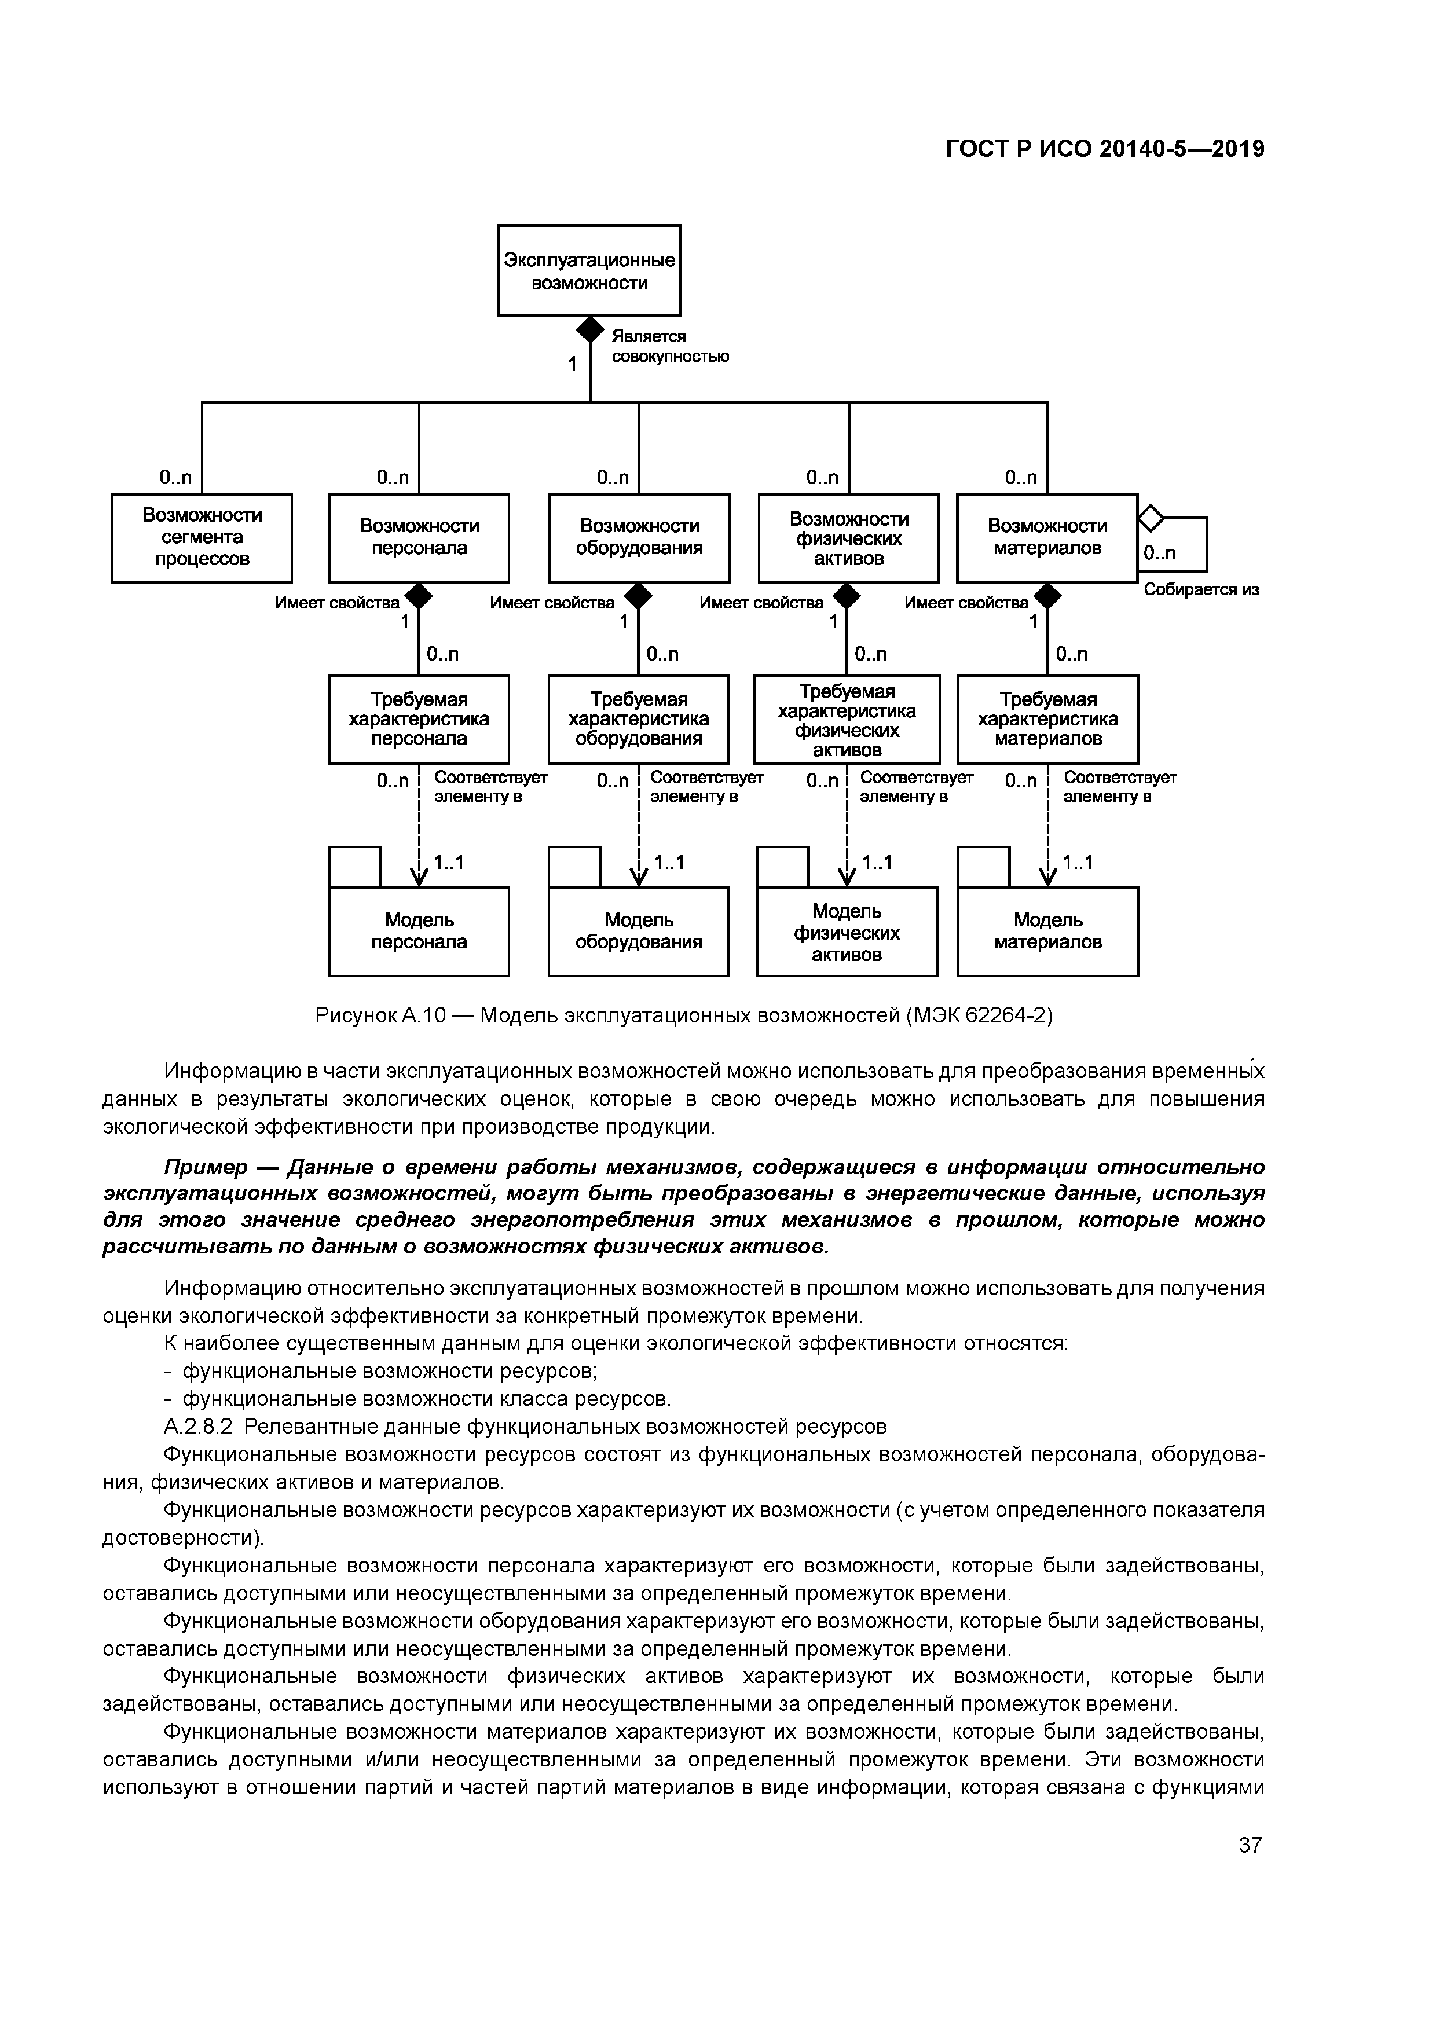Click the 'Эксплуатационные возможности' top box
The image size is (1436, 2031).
click(x=589, y=271)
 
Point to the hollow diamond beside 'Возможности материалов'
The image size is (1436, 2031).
click(x=1149, y=516)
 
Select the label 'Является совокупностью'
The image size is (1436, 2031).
click(x=670, y=347)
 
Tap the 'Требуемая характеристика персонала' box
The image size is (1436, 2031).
click(x=419, y=719)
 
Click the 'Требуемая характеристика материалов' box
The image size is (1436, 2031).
click(x=1047, y=719)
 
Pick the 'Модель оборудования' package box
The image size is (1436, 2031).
click(x=639, y=932)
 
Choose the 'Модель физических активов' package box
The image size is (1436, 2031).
click(x=847, y=932)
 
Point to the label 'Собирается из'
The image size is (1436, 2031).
click(x=1201, y=590)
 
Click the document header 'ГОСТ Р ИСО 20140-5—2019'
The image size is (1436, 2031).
click(x=1105, y=149)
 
